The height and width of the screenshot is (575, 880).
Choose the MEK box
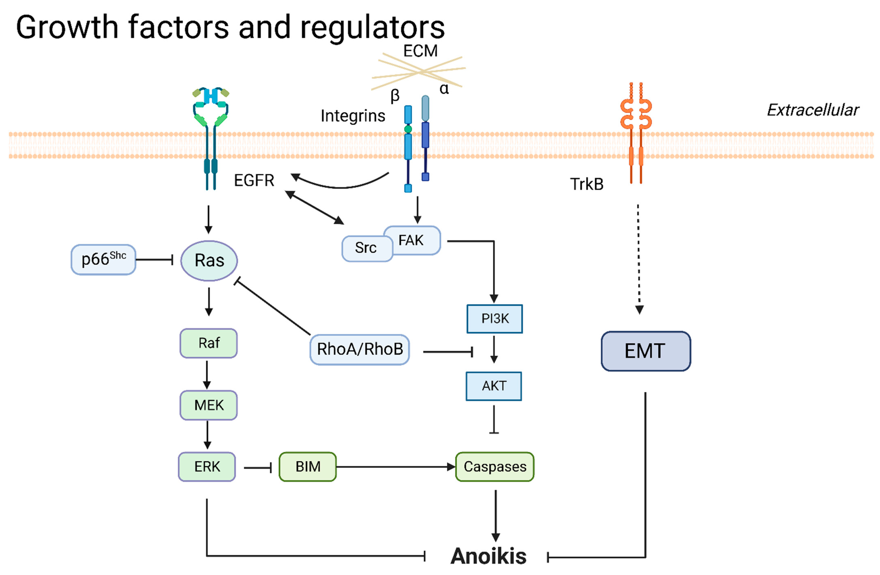click(x=209, y=405)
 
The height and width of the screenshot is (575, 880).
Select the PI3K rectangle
click(x=495, y=319)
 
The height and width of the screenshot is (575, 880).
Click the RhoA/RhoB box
click(x=359, y=349)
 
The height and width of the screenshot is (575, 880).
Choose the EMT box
click(x=646, y=351)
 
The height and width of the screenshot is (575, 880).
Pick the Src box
click(x=367, y=248)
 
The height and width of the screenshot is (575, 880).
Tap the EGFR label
click(x=254, y=180)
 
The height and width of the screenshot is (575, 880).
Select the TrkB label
click(x=587, y=184)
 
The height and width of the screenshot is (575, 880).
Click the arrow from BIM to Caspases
click(x=396, y=467)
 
